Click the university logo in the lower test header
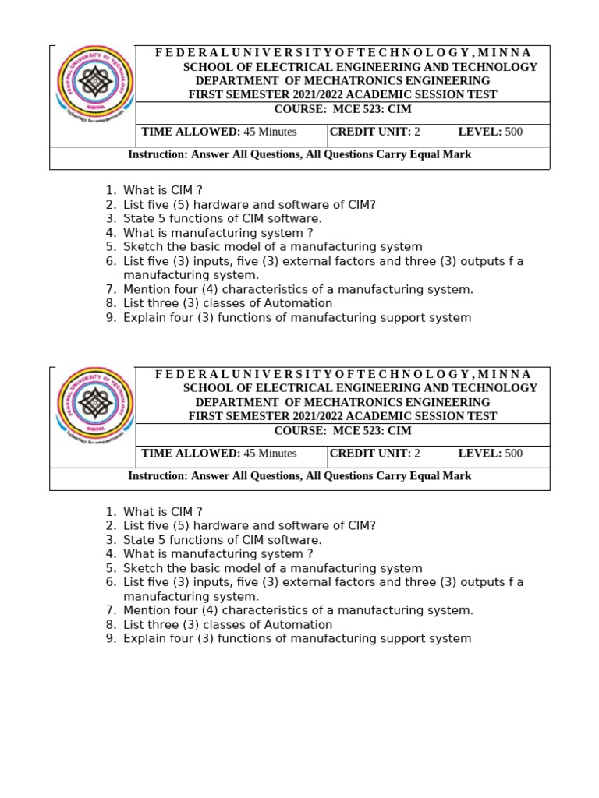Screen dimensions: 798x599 pos(94,405)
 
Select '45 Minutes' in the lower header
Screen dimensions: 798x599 pos(270,454)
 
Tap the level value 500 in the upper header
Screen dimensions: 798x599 pos(514,132)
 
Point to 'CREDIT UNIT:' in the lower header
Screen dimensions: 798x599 pos(370,454)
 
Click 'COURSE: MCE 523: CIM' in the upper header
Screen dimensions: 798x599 pos(342,109)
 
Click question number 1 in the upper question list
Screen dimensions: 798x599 pos(110,190)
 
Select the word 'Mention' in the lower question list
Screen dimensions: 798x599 pos(146,610)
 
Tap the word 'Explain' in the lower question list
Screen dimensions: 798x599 pos(144,639)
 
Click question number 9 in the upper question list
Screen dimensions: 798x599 pos(110,318)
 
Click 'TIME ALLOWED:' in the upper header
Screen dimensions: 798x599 pos(190,132)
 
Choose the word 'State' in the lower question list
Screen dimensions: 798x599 pos(138,540)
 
